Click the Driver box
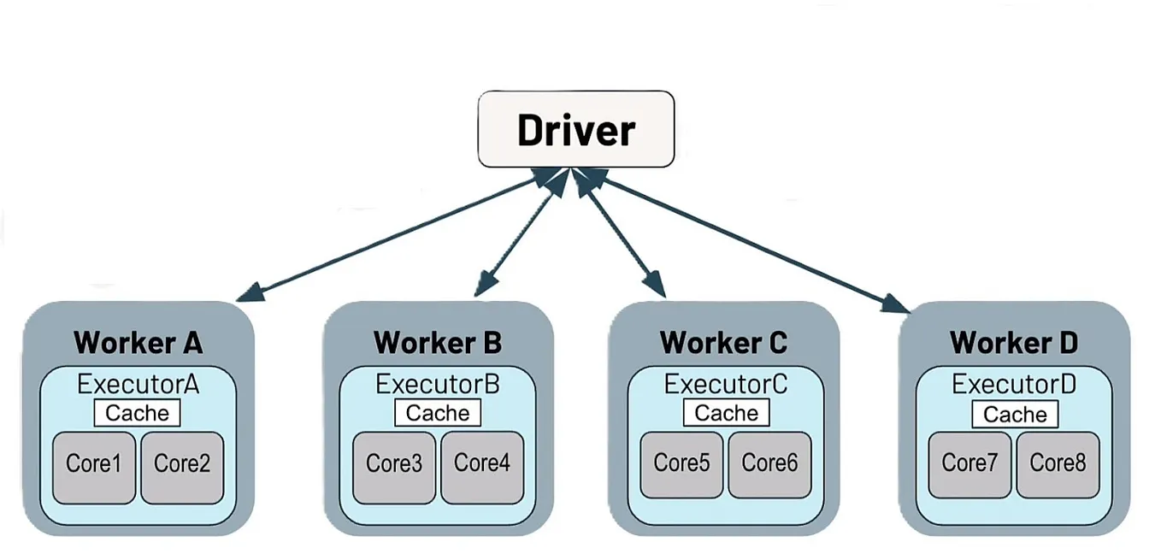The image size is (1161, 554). [x=576, y=129]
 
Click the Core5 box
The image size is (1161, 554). [x=681, y=466]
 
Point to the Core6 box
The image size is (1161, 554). [x=769, y=466]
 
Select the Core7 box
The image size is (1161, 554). [x=969, y=466]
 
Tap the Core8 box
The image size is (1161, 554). [x=1058, y=466]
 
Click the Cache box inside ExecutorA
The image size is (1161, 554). [x=138, y=414]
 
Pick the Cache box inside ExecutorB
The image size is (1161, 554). [x=438, y=414]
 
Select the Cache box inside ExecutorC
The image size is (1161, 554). [x=726, y=414]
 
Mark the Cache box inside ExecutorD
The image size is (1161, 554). [x=1015, y=415]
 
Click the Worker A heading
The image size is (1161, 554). [x=138, y=344]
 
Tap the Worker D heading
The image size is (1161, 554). [x=1014, y=344]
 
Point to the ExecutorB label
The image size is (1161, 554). [x=438, y=385]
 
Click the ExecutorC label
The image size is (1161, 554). [x=726, y=385]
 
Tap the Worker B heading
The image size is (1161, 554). [x=438, y=344]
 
